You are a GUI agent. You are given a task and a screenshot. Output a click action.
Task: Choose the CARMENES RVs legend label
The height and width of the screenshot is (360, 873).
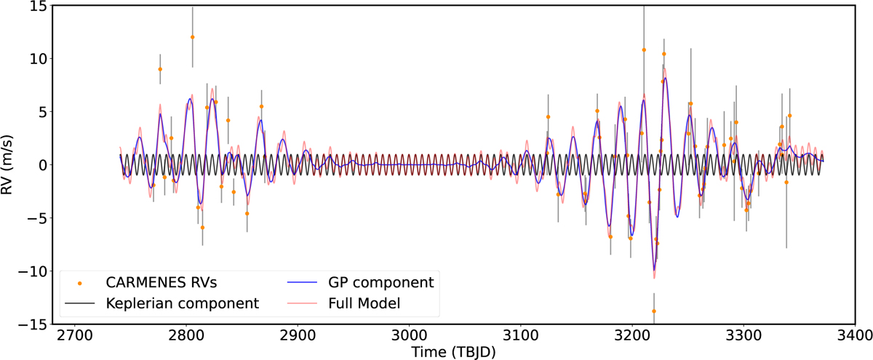coord(162,281)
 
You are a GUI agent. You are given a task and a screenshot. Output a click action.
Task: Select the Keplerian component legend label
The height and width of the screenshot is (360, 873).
coord(183,303)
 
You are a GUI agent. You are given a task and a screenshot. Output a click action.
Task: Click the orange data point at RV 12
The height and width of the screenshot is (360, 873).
coord(192,37)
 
